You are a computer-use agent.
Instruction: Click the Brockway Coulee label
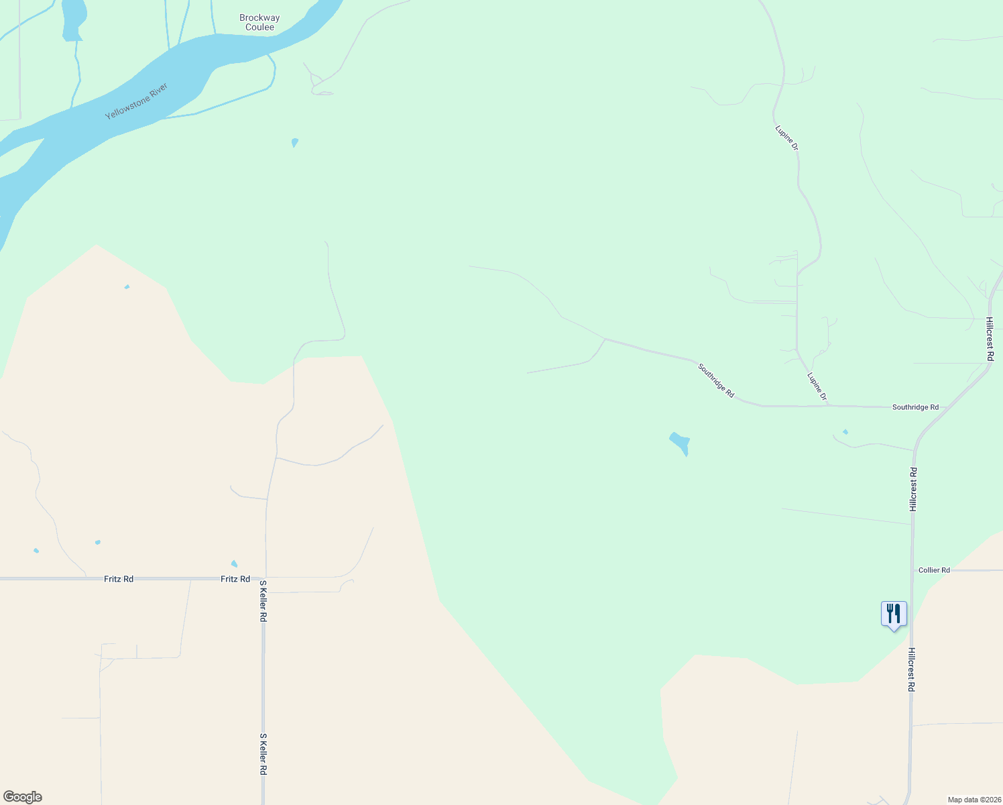[x=259, y=23]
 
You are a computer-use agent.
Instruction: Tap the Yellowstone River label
[x=136, y=101]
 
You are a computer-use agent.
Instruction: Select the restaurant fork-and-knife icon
[x=894, y=613]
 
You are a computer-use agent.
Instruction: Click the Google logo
[x=23, y=797]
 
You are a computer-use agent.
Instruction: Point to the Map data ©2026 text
[x=973, y=800]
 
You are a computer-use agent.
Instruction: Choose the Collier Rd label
[x=934, y=570]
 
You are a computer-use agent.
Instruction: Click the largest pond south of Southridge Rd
[x=680, y=443]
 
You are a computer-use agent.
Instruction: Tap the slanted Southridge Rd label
[x=716, y=380]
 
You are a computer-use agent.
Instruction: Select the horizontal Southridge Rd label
[x=915, y=407]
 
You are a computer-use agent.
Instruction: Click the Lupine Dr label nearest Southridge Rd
[x=817, y=388]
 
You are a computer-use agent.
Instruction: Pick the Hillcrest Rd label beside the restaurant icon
[x=912, y=669]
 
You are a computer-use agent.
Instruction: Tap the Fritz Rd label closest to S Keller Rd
[x=235, y=579]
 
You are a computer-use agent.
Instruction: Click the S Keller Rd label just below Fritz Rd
[x=263, y=601]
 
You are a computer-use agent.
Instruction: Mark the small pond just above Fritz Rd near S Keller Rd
[x=234, y=563]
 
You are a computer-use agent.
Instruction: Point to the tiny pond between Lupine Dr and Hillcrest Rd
[x=845, y=432]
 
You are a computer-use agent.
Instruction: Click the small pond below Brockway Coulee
[x=295, y=142]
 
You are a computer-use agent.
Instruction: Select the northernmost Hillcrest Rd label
[x=990, y=339]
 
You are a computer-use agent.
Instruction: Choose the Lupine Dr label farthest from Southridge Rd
[x=786, y=138]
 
